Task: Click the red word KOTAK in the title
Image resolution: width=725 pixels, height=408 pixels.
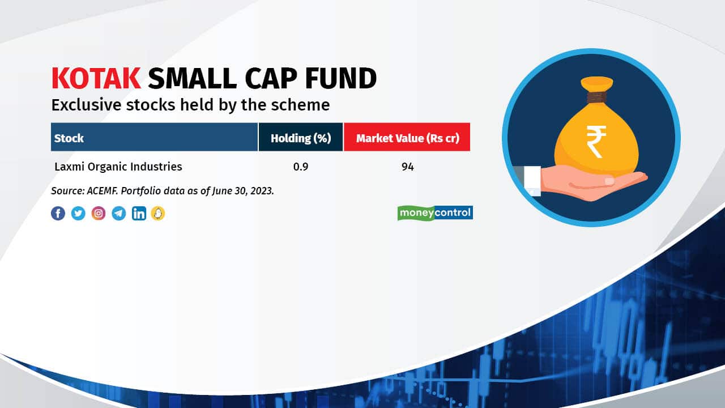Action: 96,78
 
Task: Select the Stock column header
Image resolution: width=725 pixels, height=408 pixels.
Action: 69,138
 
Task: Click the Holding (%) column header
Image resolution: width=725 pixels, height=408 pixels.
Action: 301,138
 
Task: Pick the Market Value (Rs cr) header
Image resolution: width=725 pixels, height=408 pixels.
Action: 407,138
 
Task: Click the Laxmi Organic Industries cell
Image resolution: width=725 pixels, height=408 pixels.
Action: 118,167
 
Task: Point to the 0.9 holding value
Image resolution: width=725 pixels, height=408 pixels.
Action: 301,167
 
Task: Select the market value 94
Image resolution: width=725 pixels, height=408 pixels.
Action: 407,167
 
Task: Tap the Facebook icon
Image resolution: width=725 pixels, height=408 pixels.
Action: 58,214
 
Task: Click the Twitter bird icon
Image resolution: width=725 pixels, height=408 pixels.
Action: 78,214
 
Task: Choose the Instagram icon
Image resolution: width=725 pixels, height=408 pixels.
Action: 99,214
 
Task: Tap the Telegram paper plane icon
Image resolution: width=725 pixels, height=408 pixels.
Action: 119,214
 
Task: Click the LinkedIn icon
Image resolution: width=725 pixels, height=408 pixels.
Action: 139,214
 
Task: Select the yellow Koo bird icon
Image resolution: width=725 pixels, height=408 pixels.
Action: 158,214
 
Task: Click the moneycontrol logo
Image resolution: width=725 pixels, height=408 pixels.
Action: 435,213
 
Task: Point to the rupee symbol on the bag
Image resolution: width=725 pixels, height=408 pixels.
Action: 596,142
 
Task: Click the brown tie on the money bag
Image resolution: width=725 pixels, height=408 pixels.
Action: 596,97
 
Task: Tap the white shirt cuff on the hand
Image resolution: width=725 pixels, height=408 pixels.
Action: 532,181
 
